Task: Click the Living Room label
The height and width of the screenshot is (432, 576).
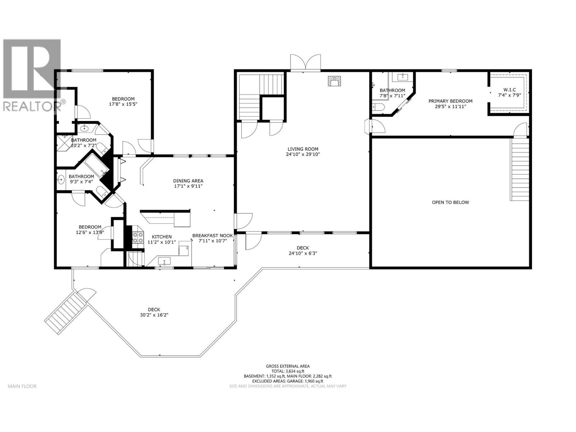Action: tap(303, 149)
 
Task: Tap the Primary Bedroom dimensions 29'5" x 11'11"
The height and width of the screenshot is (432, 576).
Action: tap(450, 107)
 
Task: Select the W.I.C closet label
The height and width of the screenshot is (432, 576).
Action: tap(509, 90)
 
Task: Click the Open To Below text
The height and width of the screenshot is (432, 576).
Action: tap(450, 202)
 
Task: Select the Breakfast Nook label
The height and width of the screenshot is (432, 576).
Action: tap(212, 235)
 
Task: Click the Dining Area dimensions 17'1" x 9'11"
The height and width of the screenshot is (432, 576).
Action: tap(188, 186)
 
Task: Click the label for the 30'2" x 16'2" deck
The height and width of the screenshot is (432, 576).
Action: tap(154, 310)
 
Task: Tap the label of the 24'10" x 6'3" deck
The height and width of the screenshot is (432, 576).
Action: tap(302, 248)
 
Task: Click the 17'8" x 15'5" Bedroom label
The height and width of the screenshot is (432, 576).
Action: tap(123, 99)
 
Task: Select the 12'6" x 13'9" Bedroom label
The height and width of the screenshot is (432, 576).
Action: tap(90, 227)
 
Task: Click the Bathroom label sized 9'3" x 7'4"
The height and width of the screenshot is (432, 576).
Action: tap(81, 176)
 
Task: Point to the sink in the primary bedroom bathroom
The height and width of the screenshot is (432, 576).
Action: tap(402, 77)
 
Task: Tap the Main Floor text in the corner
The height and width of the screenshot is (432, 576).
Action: tap(22, 386)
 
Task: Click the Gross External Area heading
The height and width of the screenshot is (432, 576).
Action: tap(288, 366)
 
